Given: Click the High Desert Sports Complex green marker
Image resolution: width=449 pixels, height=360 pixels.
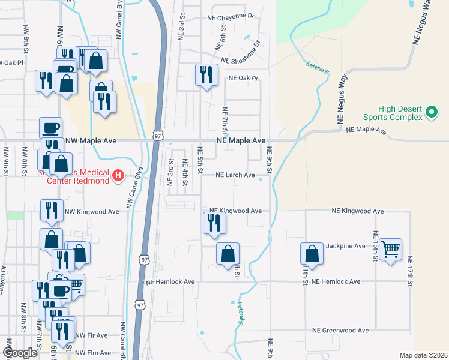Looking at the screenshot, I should [430, 112].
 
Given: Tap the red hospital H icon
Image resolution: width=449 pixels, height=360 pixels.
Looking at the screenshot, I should [118, 176].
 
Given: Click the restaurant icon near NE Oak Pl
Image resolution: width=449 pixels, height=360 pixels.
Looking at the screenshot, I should [206, 75].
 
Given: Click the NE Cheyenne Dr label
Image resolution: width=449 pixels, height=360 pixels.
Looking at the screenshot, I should [232, 17].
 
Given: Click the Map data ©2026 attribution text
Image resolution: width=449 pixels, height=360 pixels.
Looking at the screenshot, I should [423, 355].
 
